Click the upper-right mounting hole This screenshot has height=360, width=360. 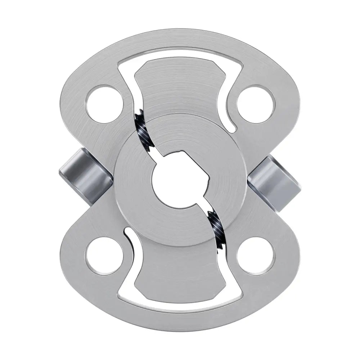256,104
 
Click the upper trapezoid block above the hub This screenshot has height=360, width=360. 180,86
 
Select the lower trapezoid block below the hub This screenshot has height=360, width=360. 180,274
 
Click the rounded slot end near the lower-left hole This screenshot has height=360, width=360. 126,233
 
